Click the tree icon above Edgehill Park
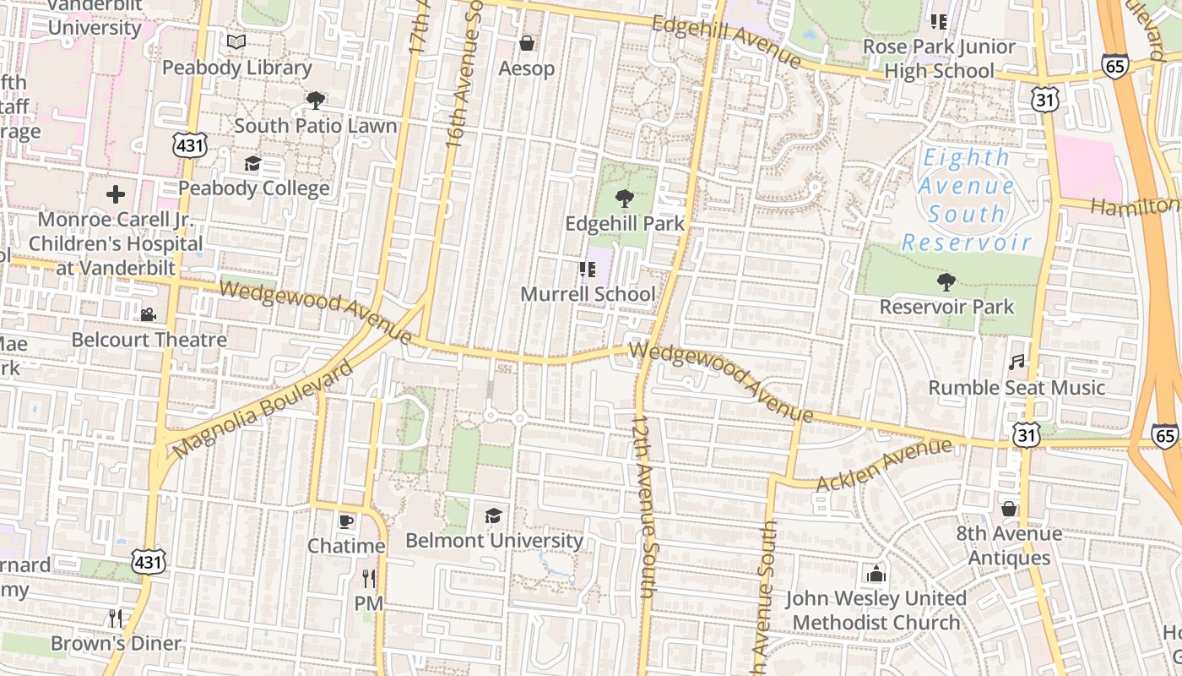point(625,199)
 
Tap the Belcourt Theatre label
point(149,340)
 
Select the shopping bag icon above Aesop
point(527,43)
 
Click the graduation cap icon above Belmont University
point(494,515)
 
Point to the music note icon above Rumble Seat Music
point(1017,363)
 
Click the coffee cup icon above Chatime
point(345,521)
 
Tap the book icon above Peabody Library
point(236,41)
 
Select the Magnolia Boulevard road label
point(264,410)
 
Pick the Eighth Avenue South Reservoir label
point(967,200)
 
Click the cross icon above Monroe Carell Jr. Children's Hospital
point(116,195)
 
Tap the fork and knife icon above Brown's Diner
point(116,618)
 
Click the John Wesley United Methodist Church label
point(876,610)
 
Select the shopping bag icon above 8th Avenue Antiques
point(1008,509)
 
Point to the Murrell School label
point(588,294)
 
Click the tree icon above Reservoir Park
point(946,282)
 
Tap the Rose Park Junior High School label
point(939,58)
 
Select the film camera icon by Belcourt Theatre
point(148,315)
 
